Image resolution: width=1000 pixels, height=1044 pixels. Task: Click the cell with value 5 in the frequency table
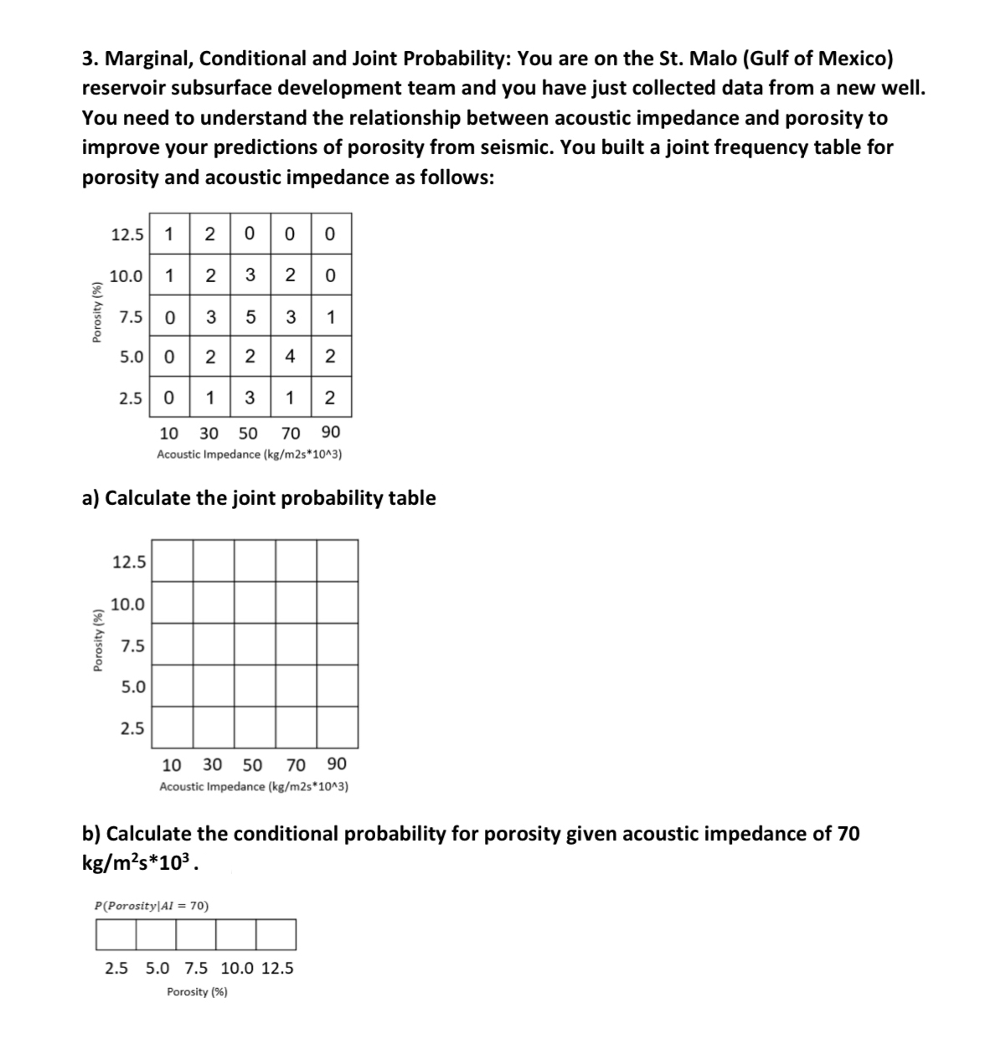250,316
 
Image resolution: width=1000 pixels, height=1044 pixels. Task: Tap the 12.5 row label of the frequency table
126,234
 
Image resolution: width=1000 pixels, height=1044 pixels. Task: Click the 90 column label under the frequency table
330,433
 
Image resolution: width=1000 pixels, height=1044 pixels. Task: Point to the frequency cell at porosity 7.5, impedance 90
330,316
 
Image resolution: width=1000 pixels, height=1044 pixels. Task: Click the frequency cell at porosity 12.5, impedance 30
210,234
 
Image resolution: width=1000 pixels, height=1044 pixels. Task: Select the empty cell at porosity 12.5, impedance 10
173,560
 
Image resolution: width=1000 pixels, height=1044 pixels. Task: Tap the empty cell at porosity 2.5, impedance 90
338,727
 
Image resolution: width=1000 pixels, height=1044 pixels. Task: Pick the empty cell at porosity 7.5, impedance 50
255,644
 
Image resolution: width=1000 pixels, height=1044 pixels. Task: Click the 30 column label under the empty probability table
213,764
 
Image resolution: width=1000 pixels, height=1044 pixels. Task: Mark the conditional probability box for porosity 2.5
116,934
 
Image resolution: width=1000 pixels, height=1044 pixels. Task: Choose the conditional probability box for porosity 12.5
276,934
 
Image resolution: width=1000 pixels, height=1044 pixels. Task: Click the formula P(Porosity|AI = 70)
152,905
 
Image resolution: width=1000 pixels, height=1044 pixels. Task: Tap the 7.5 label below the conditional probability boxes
197,969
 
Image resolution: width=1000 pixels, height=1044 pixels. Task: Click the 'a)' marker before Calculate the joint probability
91,498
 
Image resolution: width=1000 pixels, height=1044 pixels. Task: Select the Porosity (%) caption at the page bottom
197,992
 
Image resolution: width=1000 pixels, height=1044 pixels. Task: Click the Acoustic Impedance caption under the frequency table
249,455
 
